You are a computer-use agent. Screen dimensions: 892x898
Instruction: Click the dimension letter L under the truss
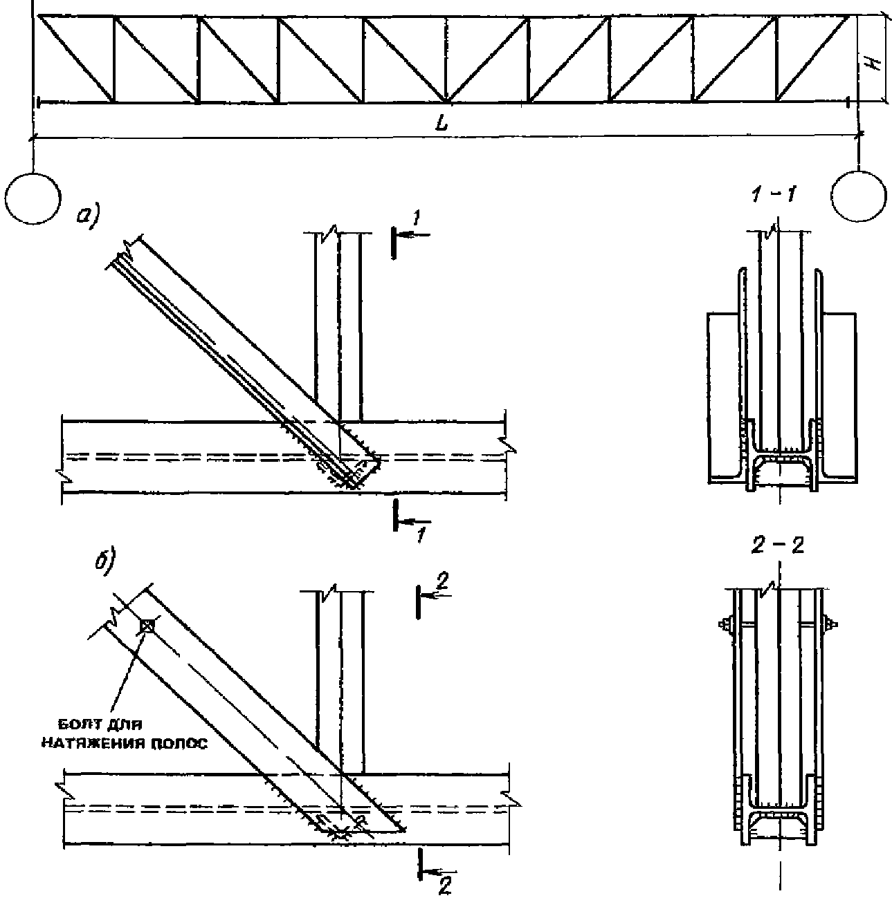pyautogui.click(x=441, y=123)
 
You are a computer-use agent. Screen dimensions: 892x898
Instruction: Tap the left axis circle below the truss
pyautogui.click(x=33, y=198)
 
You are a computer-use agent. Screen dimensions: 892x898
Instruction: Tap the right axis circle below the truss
pyautogui.click(x=859, y=196)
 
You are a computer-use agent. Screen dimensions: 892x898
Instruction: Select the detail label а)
pyautogui.click(x=90, y=216)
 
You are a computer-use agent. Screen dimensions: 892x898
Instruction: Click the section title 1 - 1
pyautogui.click(x=774, y=196)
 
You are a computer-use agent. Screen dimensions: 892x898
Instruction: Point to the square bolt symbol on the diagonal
pyautogui.click(x=147, y=626)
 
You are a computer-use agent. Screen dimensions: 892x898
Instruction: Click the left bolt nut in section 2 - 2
pyautogui.click(x=725, y=623)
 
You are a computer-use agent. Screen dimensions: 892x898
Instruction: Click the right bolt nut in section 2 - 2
pyautogui.click(x=831, y=624)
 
